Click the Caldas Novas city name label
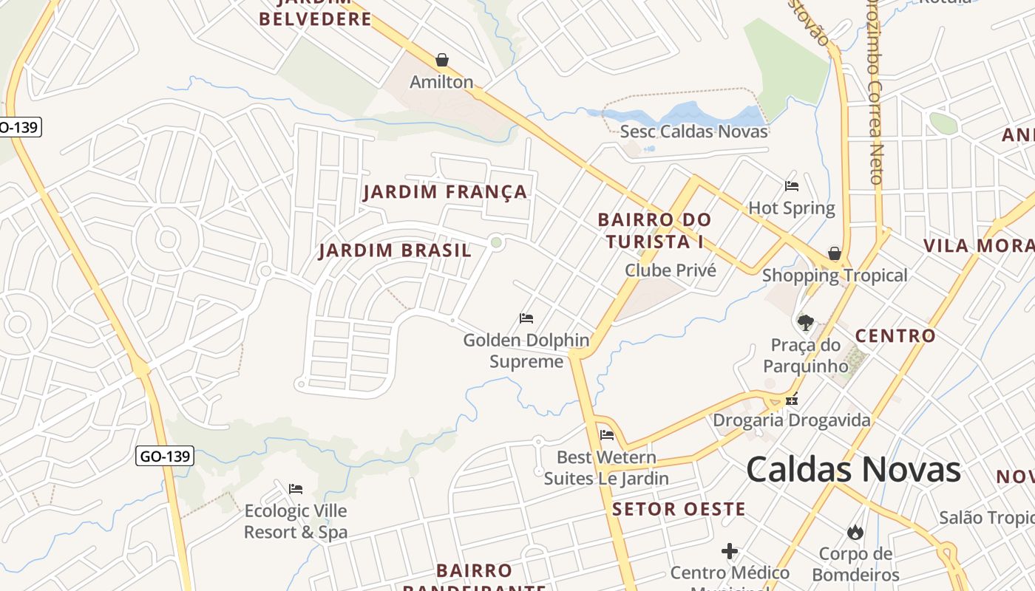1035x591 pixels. click(x=853, y=470)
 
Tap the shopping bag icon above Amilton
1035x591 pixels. click(x=442, y=60)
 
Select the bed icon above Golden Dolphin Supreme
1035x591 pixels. click(x=526, y=318)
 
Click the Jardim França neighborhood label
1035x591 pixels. click(x=446, y=192)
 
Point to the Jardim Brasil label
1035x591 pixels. click(x=395, y=250)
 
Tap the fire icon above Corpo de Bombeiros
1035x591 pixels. click(x=855, y=532)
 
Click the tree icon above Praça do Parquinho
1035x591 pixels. click(x=806, y=322)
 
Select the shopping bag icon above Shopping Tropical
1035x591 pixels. click(x=835, y=254)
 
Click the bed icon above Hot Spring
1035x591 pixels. click(x=792, y=186)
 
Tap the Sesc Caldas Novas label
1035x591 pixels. click(x=693, y=131)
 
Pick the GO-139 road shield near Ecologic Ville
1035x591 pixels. click(x=166, y=456)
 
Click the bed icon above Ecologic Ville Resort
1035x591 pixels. click(x=296, y=489)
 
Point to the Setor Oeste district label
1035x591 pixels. click(x=679, y=509)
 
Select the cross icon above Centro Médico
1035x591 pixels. click(x=730, y=551)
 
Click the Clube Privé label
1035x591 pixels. click(x=671, y=270)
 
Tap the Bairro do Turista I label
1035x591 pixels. click(x=654, y=230)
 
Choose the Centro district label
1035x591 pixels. click(x=895, y=336)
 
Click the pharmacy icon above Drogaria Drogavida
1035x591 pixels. click(x=792, y=400)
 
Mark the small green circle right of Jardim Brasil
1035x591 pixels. click(x=496, y=242)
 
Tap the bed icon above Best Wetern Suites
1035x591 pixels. click(x=607, y=435)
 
